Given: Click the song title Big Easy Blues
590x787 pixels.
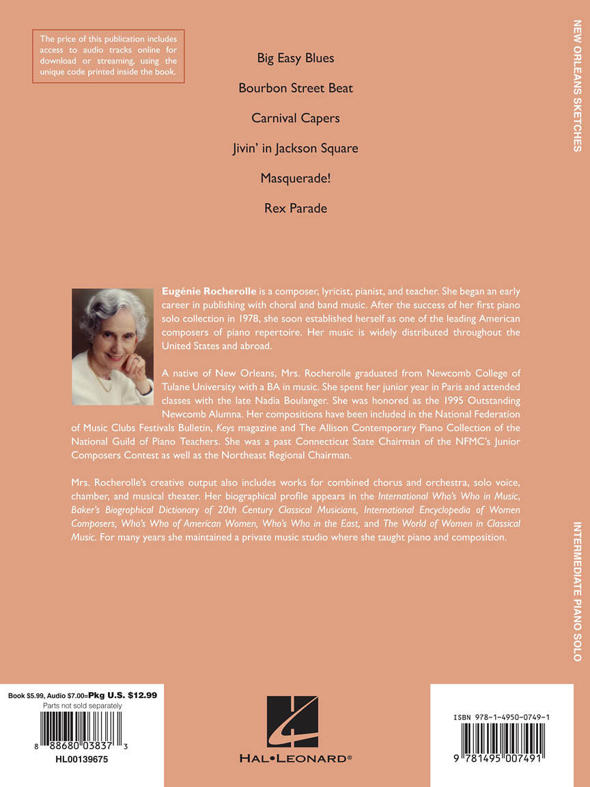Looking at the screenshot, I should [x=296, y=58].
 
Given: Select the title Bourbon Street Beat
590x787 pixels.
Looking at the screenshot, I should [x=296, y=88].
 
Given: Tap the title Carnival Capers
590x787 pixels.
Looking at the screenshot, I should [x=296, y=118].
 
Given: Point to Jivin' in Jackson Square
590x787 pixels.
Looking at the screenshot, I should [x=296, y=148].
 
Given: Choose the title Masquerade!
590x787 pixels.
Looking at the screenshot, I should [x=296, y=178].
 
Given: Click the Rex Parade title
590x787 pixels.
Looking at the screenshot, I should [x=296, y=208].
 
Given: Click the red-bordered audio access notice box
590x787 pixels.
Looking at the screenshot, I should [x=109, y=55].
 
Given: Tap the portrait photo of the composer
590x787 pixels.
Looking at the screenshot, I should [x=113, y=337].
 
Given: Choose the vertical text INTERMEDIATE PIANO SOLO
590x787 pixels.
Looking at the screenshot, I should [x=577, y=591].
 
